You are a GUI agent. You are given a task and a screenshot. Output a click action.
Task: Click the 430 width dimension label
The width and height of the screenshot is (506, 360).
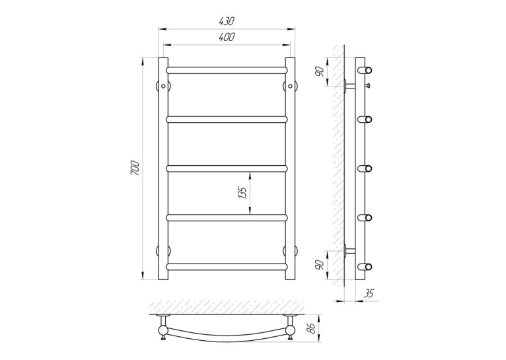pyautogui.click(x=227, y=21)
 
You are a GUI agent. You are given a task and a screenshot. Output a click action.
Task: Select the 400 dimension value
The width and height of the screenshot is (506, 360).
pyautogui.click(x=227, y=37)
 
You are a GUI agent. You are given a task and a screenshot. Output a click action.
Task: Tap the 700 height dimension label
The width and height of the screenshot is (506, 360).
pyautogui.click(x=135, y=168)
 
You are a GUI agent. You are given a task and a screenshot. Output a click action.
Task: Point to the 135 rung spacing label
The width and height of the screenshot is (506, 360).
pyautogui.click(x=243, y=193)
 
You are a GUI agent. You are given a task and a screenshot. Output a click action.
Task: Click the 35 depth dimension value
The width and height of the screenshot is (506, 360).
pyautogui.click(x=369, y=293)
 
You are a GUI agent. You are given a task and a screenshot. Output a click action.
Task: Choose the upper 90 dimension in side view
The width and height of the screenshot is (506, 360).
pyautogui.click(x=320, y=71)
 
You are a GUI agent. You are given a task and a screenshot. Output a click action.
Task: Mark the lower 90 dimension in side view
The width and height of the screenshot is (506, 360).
pyautogui.click(x=320, y=265)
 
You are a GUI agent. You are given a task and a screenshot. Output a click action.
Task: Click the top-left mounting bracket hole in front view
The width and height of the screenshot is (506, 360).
pyautogui.click(x=163, y=86)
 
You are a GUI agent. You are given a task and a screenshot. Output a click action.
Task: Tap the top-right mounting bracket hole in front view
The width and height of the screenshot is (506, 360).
pyautogui.click(x=290, y=86)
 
